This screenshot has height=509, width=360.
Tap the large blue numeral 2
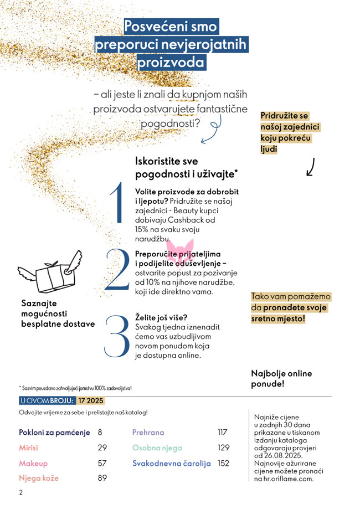coord(117,269)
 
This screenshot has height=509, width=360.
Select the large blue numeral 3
coord(117,336)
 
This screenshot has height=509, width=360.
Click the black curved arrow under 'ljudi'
coord(311,167)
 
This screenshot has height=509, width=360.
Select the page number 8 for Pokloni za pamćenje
coord(100,432)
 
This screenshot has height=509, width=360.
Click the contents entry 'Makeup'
coord(33,463)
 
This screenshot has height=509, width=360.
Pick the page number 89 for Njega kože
coord(102,478)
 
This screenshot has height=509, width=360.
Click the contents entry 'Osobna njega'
coord(157,448)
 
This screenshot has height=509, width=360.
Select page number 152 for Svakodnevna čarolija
coord(223,463)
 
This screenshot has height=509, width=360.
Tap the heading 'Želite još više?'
coord(162,317)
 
